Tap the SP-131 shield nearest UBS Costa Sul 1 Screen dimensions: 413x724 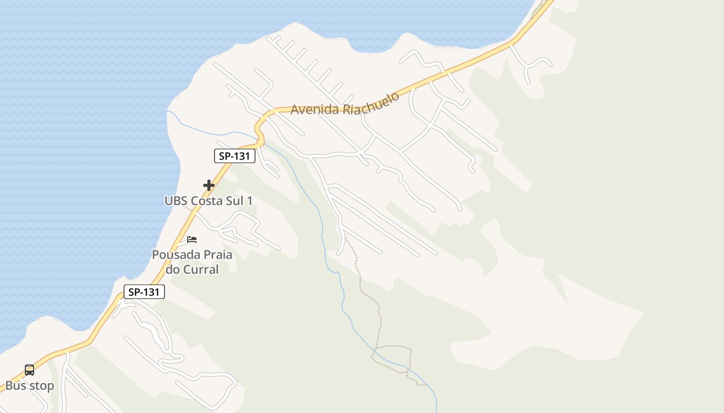235,156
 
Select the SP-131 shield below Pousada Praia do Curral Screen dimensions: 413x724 144,292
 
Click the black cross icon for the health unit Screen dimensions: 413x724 209,185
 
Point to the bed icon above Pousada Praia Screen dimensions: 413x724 192,240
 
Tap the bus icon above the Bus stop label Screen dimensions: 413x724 29,370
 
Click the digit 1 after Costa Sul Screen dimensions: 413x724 250,201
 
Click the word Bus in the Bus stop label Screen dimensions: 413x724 16,386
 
